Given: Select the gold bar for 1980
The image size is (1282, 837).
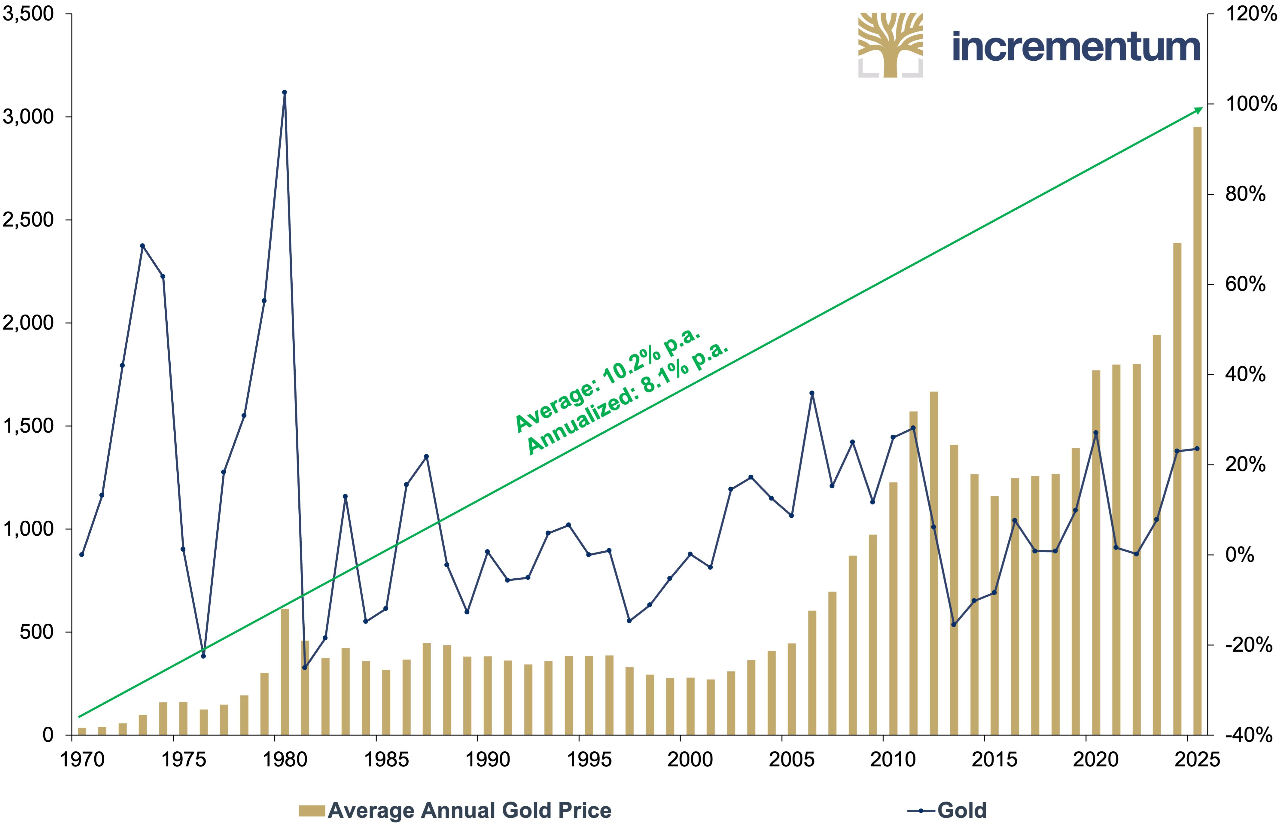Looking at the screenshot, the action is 285,672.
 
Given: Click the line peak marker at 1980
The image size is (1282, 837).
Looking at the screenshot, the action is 285,92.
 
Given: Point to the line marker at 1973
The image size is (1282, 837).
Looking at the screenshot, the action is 142,246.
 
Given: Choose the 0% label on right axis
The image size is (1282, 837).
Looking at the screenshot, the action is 1240,555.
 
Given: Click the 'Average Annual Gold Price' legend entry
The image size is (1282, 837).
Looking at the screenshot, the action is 455,811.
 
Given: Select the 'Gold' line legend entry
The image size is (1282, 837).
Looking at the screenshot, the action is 947,811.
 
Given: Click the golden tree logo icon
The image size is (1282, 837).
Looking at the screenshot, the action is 891,45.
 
